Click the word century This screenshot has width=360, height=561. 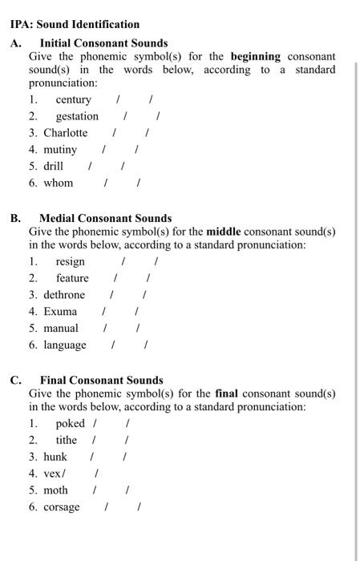pos(73,99)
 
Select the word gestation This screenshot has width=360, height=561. pos(77,116)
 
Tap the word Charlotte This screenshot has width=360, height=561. pos(65,133)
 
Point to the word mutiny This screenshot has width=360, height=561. pos(60,150)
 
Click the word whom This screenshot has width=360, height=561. pos(58,184)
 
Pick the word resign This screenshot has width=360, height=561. pos(70,261)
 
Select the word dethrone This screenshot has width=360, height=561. pos(64,295)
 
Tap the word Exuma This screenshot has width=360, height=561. pos(60,312)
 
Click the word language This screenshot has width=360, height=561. pos(65,345)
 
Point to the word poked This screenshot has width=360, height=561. pos(70,423)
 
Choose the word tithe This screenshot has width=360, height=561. pos(67,440)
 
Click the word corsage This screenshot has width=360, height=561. pos(62,507)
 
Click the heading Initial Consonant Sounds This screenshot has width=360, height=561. pos(103,43)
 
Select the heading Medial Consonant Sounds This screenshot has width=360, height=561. pos(105,218)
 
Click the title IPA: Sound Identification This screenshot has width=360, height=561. pos(75,25)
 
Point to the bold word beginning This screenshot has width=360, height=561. pos(255,57)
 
